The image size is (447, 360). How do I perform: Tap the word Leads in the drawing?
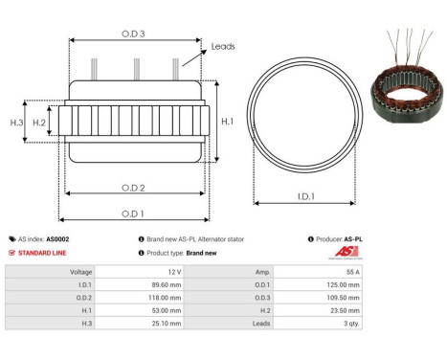click(x=223, y=46)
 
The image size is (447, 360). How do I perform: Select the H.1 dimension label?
click(x=227, y=122)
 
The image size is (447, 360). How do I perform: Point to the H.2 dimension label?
click(x=40, y=123)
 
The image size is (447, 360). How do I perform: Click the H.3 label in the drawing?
click(x=16, y=123)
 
